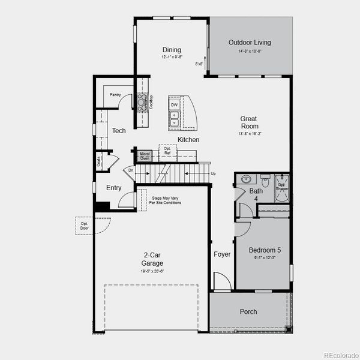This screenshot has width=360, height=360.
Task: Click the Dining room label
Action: pyautogui.click(x=172, y=50)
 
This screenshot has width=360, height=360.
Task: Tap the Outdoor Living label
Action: pyautogui.click(x=250, y=43)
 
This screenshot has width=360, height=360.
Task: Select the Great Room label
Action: pyautogui.click(x=250, y=122)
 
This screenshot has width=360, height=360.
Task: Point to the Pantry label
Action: pyautogui.click(x=115, y=94)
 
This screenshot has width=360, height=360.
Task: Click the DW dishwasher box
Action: pyautogui.click(x=174, y=105)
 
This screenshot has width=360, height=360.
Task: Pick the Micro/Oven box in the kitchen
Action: pyautogui.click(x=144, y=155)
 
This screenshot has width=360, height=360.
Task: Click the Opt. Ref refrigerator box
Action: pyautogui.click(x=167, y=151)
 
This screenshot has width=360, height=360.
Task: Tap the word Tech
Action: pyautogui.click(x=119, y=130)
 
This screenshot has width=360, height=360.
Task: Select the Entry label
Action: pyautogui.click(x=113, y=188)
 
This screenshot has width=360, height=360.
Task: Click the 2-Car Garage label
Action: pyautogui.click(x=152, y=259)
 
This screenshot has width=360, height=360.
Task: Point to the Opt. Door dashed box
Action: pyautogui.click(x=85, y=226)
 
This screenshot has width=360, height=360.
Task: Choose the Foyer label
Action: pyautogui.click(x=222, y=254)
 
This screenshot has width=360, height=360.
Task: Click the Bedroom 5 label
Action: pyautogui.click(x=265, y=250)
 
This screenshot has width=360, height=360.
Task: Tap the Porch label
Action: pyautogui.click(x=248, y=311)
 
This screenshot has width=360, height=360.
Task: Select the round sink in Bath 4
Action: pyautogui.click(x=245, y=179)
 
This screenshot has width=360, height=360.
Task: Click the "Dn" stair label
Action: pyautogui.click(x=131, y=170)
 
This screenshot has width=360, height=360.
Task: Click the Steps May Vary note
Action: pyautogui.click(x=166, y=200)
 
